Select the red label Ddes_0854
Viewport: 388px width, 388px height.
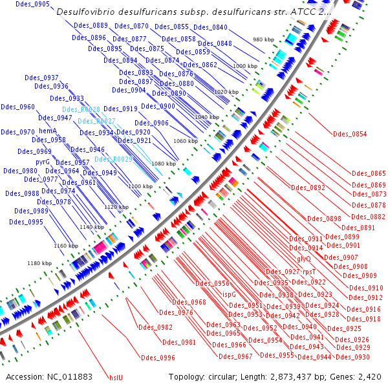coord(349,135)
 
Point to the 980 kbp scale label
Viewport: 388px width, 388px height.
coord(264,40)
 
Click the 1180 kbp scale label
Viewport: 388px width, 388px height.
coord(39,263)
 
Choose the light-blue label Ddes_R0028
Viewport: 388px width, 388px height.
coord(81,110)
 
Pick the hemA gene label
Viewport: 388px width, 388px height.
coord(48,131)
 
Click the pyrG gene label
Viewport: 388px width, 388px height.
coord(43,162)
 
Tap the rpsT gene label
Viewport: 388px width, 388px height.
coord(308,272)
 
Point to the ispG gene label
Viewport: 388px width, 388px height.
coord(229,294)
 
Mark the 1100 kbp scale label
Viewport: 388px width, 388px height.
coord(140,186)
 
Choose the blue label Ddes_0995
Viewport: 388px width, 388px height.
coord(27,222)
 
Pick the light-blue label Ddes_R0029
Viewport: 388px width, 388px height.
coord(114,159)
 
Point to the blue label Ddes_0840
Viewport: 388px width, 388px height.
coord(210,27)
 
